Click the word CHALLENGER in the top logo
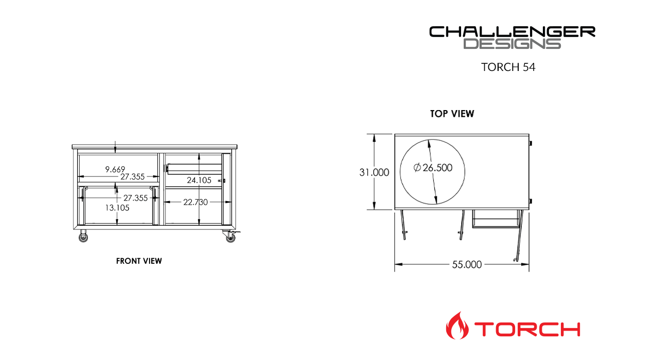point(512,32)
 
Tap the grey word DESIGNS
point(512,44)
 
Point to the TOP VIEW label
point(452,114)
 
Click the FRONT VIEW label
point(139,261)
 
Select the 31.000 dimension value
point(374,173)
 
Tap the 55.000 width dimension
point(467,265)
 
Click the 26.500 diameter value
point(437,168)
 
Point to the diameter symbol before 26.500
point(417,168)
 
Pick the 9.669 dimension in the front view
point(115,169)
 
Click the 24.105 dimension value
point(199,181)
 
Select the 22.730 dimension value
point(195,202)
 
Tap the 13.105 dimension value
point(117,208)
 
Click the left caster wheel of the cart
point(83,237)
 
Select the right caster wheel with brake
point(229,237)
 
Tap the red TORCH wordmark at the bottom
point(527,329)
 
